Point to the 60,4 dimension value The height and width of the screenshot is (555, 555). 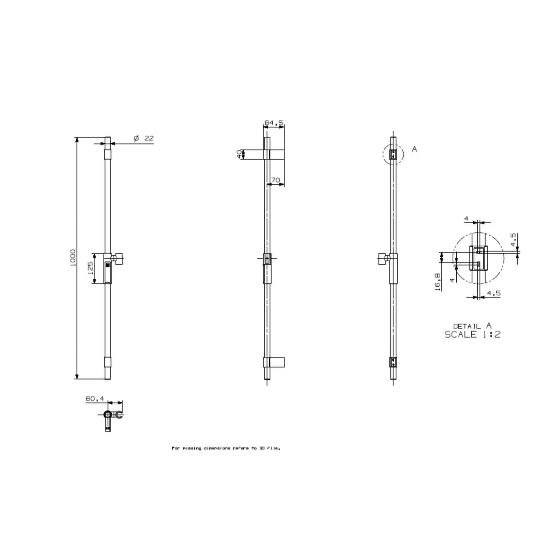(x=95, y=399)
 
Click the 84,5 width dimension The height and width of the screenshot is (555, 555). (x=274, y=123)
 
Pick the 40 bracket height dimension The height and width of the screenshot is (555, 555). (x=239, y=154)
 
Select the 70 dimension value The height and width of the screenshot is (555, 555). (x=275, y=181)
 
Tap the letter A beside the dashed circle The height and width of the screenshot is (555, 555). (x=414, y=149)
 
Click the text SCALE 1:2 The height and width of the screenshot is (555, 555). (x=472, y=334)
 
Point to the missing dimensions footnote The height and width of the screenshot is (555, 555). (x=226, y=448)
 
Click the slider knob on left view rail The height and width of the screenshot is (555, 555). (x=119, y=259)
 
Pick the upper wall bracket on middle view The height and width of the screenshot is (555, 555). (x=276, y=154)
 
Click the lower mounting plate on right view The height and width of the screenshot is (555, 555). (x=394, y=363)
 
